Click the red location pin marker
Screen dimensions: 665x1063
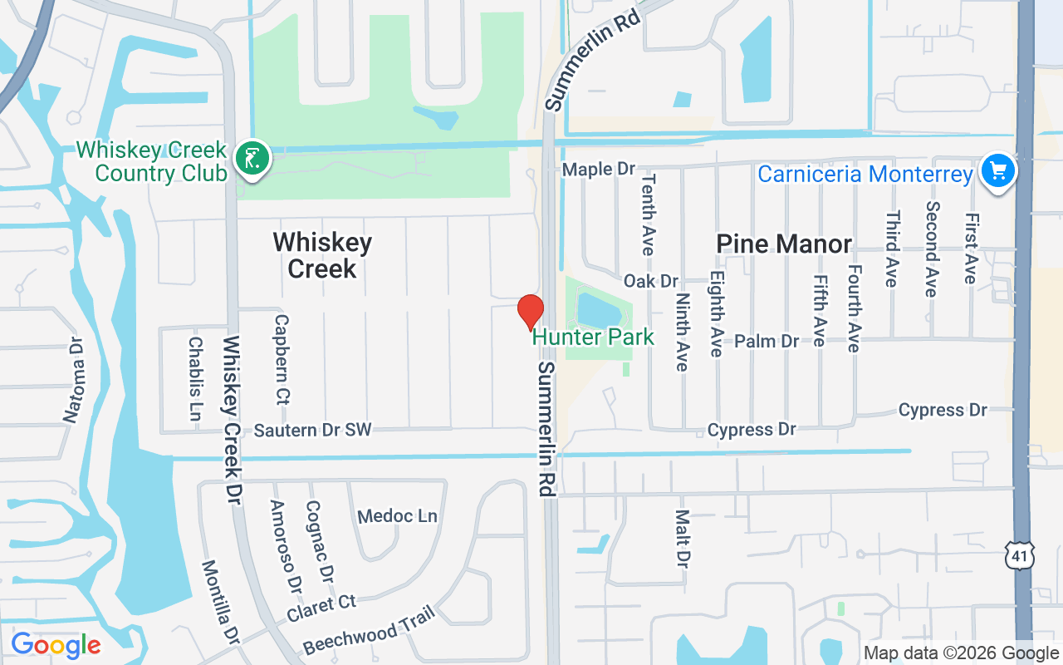[530, 312]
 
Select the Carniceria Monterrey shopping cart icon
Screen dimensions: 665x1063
[997, 171]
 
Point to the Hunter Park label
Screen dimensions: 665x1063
[593, 337]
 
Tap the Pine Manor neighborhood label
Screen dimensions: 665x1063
[784, 244]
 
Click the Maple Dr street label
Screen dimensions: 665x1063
[598, 170]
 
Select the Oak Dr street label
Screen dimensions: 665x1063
[651, 281]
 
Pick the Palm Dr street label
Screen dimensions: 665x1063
[767, 341]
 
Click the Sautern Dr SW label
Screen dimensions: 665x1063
[313, 430]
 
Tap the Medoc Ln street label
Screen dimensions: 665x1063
[397, 516]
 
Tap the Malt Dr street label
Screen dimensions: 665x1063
[683, 536]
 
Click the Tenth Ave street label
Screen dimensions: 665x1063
[648, 214]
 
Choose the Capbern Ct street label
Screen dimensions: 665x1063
[282, 359]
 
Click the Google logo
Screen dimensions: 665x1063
[56, 644]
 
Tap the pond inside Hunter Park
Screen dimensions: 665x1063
[598, 310]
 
